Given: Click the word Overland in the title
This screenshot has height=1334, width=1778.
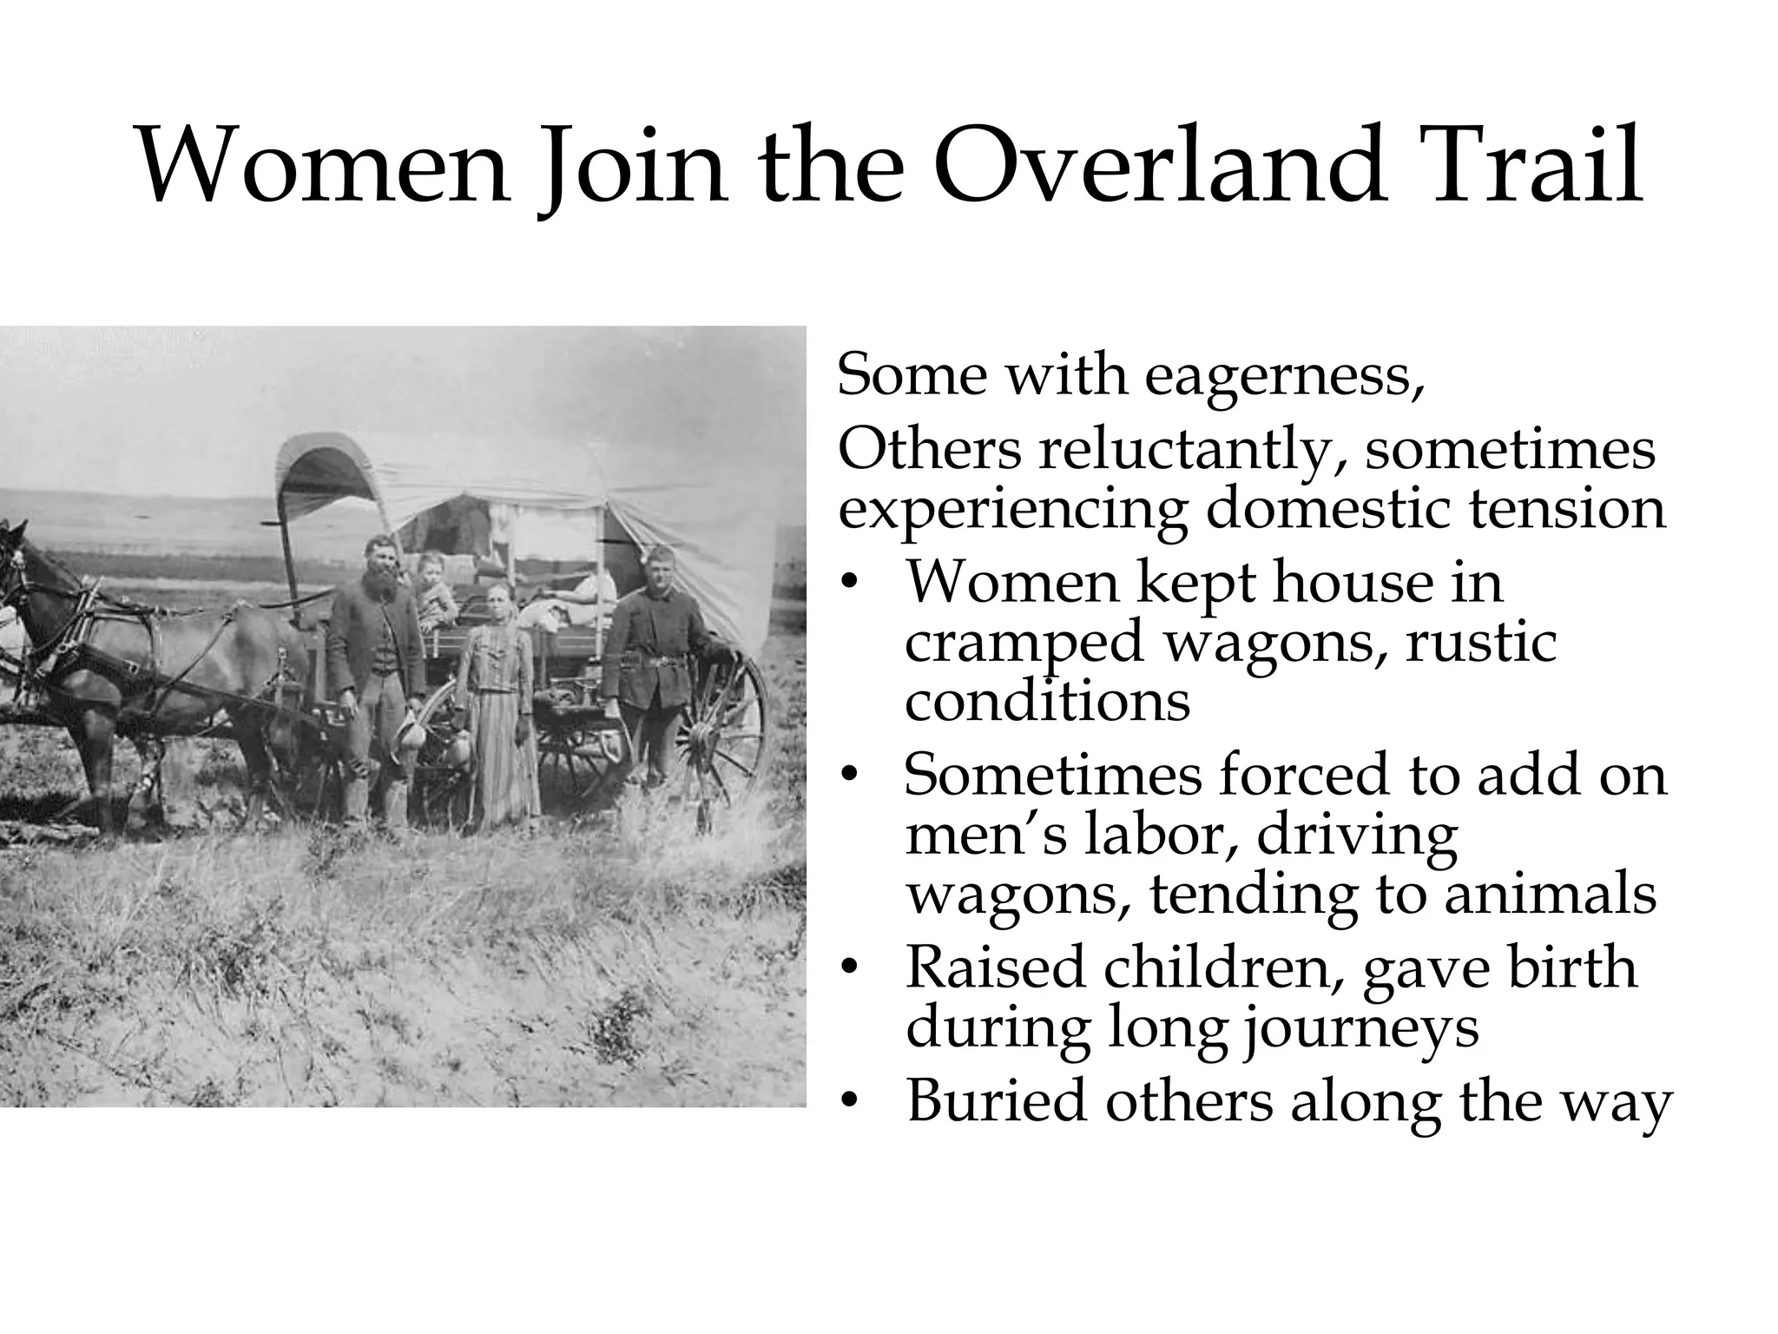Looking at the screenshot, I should pos(1158,165).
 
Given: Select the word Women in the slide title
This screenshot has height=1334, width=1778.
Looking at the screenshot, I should pos(322,165).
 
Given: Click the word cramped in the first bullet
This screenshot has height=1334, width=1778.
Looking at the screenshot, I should pos(1024,644).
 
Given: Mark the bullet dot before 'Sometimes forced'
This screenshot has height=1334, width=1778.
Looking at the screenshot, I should pos(853,776).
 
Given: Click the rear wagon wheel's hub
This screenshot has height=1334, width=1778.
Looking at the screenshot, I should pos(698,738).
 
